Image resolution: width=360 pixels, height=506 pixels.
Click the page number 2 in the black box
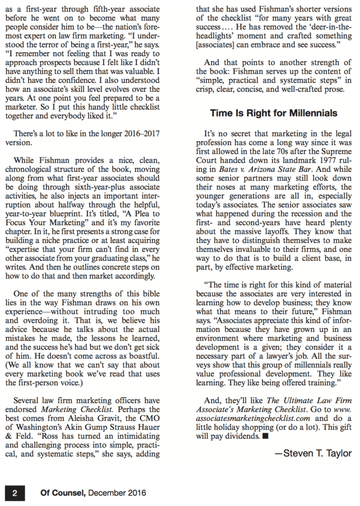14,493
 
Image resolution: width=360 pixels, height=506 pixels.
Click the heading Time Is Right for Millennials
273,113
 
